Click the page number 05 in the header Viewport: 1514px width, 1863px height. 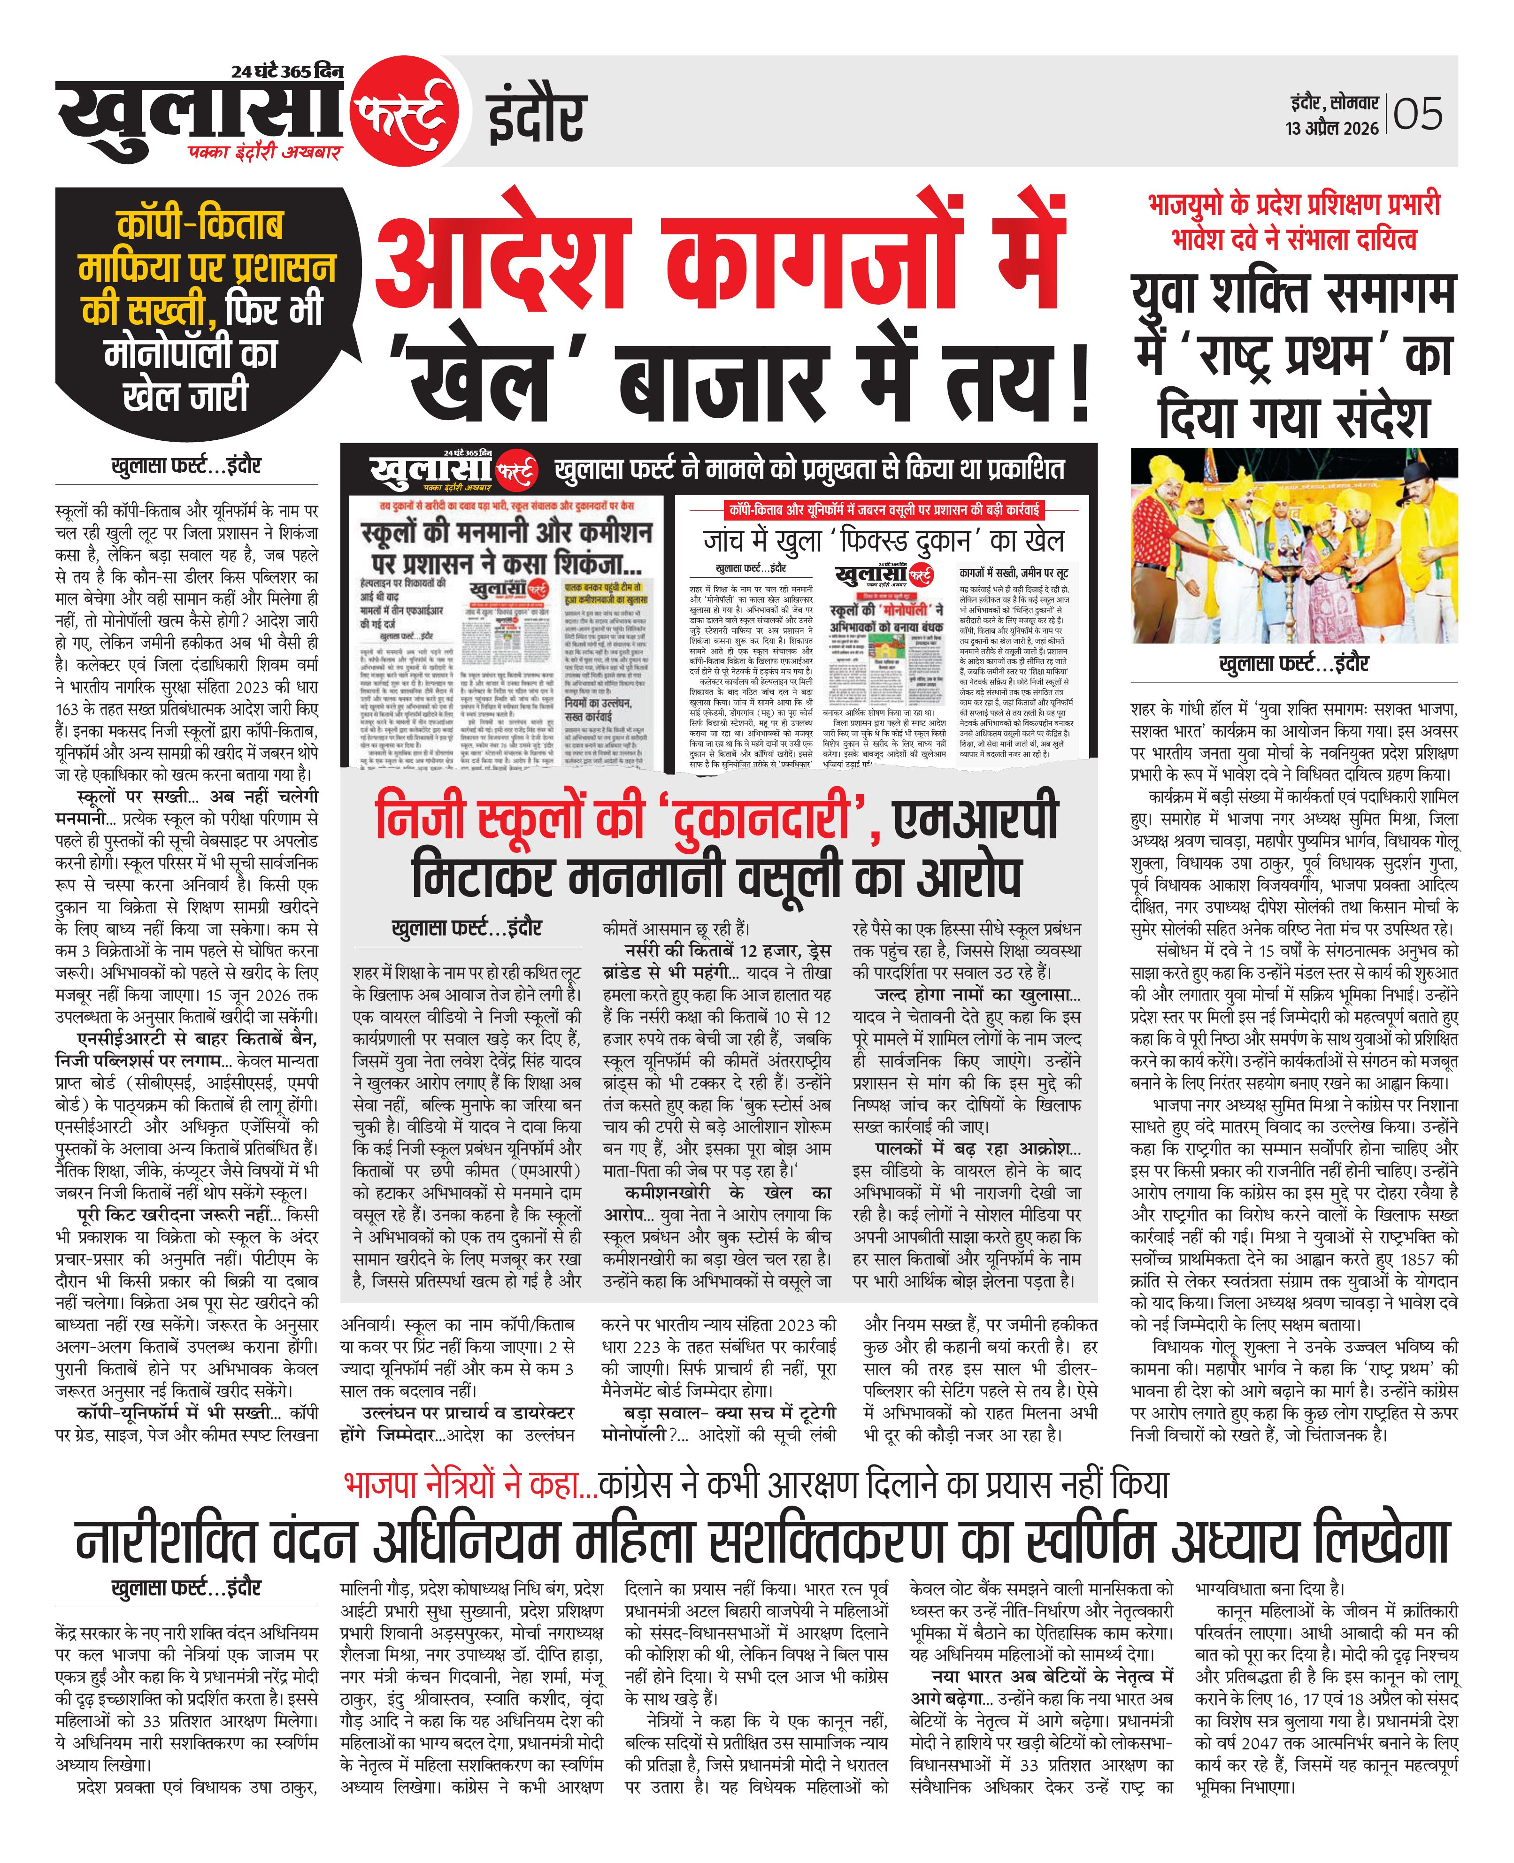pos(1418,114)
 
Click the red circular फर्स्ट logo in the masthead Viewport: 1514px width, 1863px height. pos(404,113)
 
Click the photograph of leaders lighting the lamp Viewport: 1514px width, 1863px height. pos(1294,546)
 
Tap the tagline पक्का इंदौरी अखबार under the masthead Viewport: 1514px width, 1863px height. pos(266,153)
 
